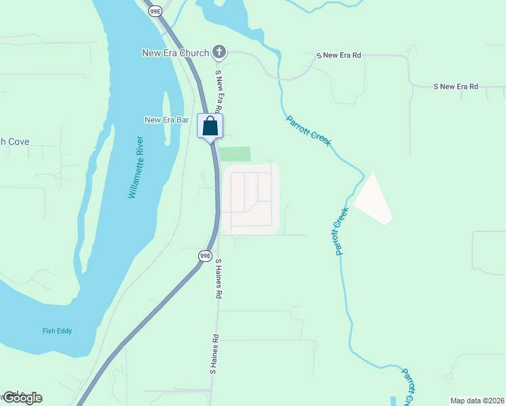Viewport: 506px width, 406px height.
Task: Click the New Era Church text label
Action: coord(175,52)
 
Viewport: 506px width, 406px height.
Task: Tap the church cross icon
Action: coord(218,51)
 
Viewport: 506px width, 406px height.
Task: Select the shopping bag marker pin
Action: coord(210,126)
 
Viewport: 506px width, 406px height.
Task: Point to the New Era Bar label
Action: coord(166,120)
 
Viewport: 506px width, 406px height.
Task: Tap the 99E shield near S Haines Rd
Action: coord(206,255)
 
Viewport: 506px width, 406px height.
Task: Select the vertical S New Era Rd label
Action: coord(218,91)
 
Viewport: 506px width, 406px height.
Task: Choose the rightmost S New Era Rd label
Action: coord(455,87)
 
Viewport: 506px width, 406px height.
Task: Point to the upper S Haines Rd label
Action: coord(218,277)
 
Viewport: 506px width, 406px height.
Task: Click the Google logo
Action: coord(22,398)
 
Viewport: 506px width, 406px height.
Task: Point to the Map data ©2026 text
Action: coord(477,400)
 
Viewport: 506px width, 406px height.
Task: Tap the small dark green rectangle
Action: coord(235,154)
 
